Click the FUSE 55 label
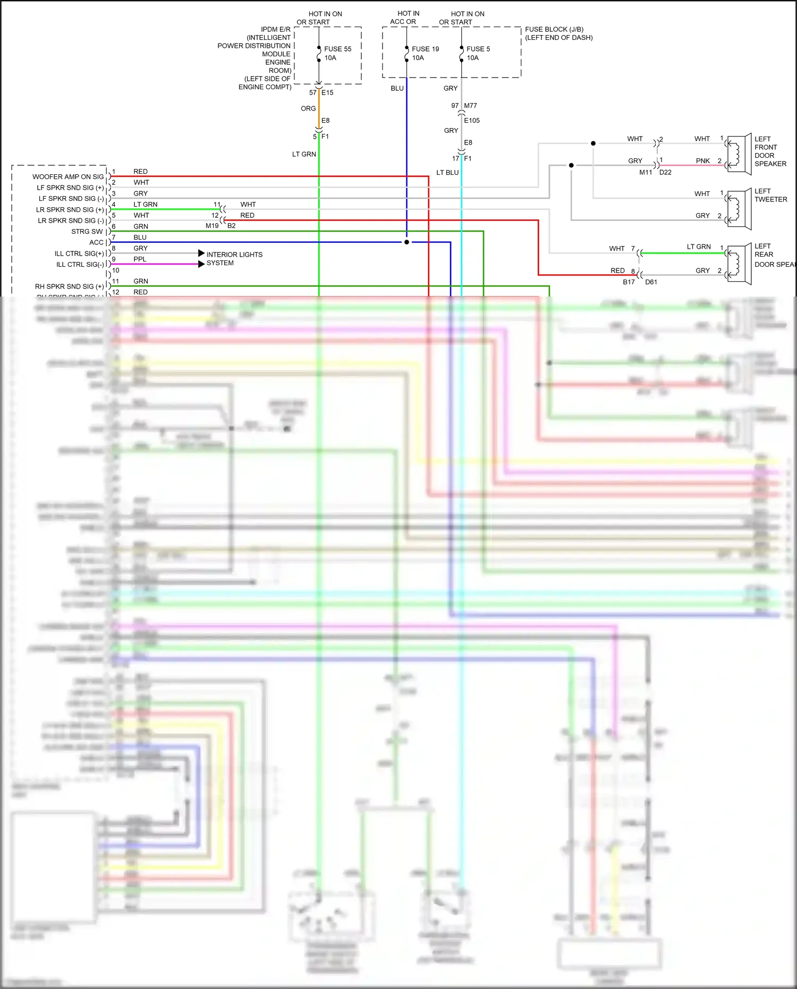click(337, 49)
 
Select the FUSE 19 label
click(425, 49)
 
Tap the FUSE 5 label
click(478, 49)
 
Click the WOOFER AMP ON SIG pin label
click(68, 177)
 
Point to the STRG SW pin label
click(87, 232)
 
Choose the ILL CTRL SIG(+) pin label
click(79, 253)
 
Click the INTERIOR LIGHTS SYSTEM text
click(234, 259)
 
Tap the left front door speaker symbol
click(738, 153)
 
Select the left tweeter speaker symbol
click(738, 209)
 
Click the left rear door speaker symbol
click(738, 264)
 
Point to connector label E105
click(472, 121)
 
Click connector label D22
click(665, 172)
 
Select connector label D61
click(651, 282)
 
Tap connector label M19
click(212, 226)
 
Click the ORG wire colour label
click(308, 108)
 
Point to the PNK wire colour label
click(703, 160)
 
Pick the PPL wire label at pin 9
click(140, 259)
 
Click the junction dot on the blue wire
click(407, 242)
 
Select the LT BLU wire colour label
click(447, 173)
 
